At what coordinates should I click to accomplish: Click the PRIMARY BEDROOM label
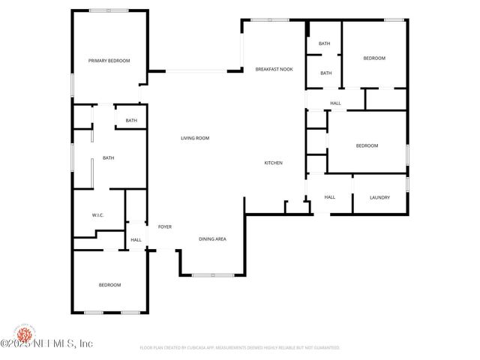pos(109,61)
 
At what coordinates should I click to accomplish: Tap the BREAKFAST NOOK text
pos(274,69)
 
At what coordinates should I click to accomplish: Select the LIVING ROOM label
pos(194,138)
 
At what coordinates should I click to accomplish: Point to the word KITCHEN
pos(273,163)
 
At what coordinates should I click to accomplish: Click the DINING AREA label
pos(212,239)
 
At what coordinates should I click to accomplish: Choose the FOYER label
pos(164,226)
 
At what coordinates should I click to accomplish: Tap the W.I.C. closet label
pos(97,215)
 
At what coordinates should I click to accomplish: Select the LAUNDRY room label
pos(379,197)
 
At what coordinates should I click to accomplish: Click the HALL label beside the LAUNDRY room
pos(329,197)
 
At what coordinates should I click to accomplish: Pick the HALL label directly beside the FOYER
pos(136,240)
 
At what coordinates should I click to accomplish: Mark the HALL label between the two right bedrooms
pos(335,103)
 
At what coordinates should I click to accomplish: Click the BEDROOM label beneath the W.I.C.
pos(109,285)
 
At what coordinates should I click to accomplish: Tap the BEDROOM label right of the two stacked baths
pos(374,58)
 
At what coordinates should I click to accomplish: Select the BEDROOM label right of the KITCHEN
pos(367,145)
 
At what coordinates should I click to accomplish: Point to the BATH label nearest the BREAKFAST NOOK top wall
pos(325,43)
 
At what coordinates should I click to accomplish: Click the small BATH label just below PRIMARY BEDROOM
pos(131,121)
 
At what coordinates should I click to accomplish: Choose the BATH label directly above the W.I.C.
pos(108,157)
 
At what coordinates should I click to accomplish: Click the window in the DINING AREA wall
pos(212,275)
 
